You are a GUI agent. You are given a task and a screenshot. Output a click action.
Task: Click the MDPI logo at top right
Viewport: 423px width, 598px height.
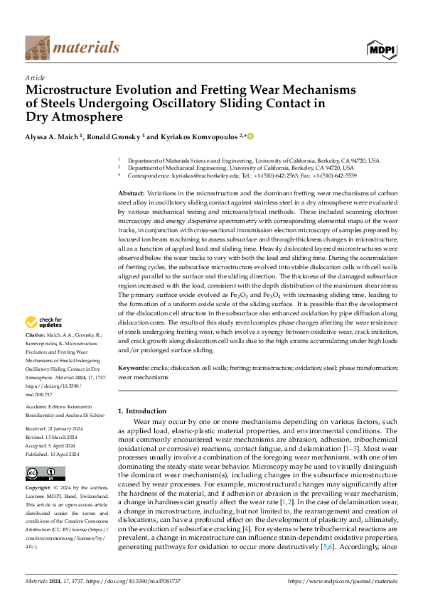pos(380,48)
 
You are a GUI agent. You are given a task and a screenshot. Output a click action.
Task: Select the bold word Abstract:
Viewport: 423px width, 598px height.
pos(132,193)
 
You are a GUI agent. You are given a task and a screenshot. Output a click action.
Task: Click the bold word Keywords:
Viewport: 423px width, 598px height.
pos(133,369)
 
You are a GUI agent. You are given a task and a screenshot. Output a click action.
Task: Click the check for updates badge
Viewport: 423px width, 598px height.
pos(45,323)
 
